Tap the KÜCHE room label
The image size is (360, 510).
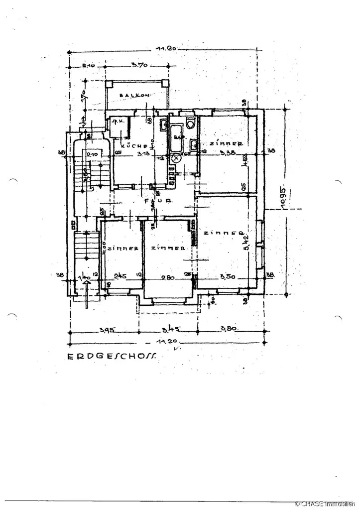pyautogui.click(x=134, y=146)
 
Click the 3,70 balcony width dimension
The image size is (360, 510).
pyautogui.click(x=138, y=65)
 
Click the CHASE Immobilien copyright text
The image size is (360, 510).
pyautogui.click(x=326, y=505)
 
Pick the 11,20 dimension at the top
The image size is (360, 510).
pyautogui.click(x=164, y=49)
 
